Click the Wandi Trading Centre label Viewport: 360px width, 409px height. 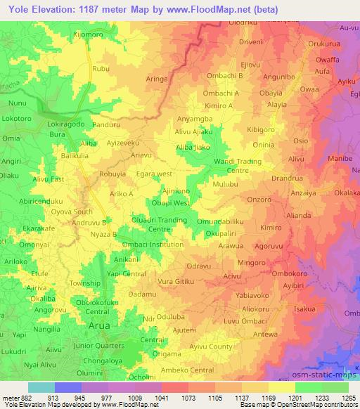click(x=239, y=166)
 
